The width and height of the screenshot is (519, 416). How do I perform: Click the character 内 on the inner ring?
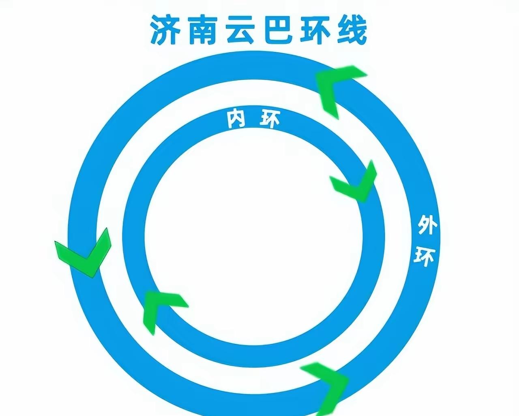click(236, 119)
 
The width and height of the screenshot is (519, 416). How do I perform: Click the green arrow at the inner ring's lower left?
click(160, 308)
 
